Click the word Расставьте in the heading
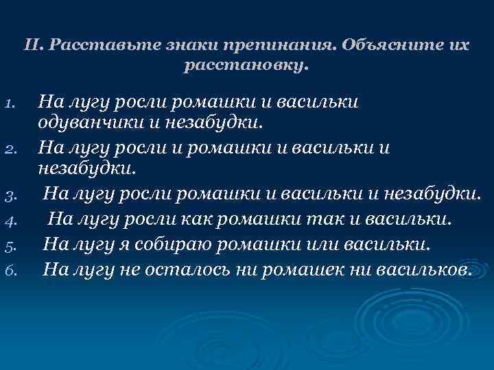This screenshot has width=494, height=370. (x=91, y=46)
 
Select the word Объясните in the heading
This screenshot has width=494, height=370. (x=384, y=46)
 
